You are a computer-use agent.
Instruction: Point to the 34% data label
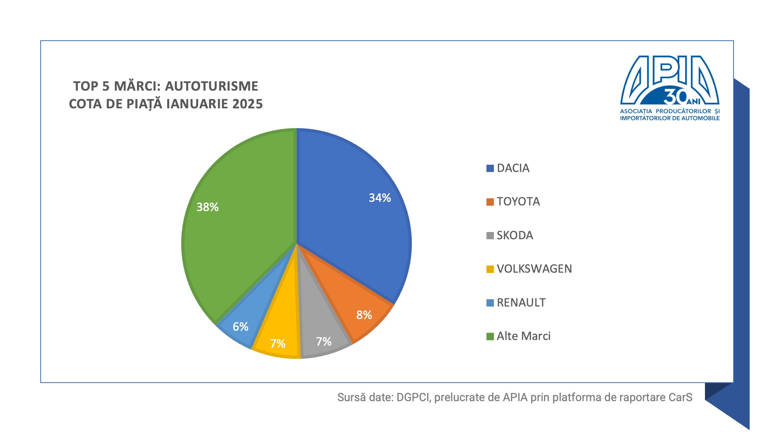pos(380,198)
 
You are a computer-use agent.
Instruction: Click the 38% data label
pos(207,207)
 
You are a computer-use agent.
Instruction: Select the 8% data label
pos(364,315)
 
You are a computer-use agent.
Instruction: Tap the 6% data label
pos(240,327)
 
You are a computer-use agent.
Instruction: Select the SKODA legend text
pos(515,235)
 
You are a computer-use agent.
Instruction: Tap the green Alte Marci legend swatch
pos(490,336)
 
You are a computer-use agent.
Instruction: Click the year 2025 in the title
pos(247,104)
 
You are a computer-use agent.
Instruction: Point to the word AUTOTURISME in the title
pos(211,86)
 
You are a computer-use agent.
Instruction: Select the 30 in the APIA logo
pos(675,97)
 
